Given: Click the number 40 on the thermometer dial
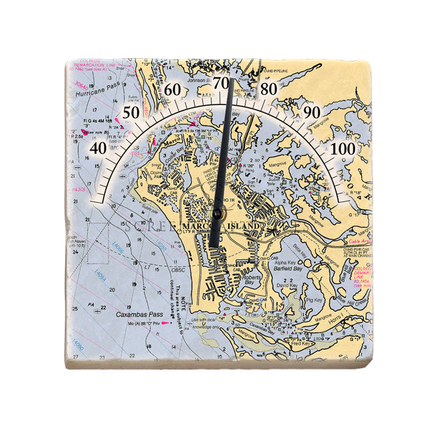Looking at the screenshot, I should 98,148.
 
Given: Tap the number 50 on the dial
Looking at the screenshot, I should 130,112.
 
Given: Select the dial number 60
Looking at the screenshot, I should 173,90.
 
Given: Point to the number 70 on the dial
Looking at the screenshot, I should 221,80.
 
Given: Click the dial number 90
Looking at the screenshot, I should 311,112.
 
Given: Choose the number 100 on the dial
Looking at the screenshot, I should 343,148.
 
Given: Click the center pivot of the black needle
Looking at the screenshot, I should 217,213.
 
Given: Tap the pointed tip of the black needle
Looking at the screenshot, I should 232,80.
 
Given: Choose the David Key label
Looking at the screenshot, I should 287,286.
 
